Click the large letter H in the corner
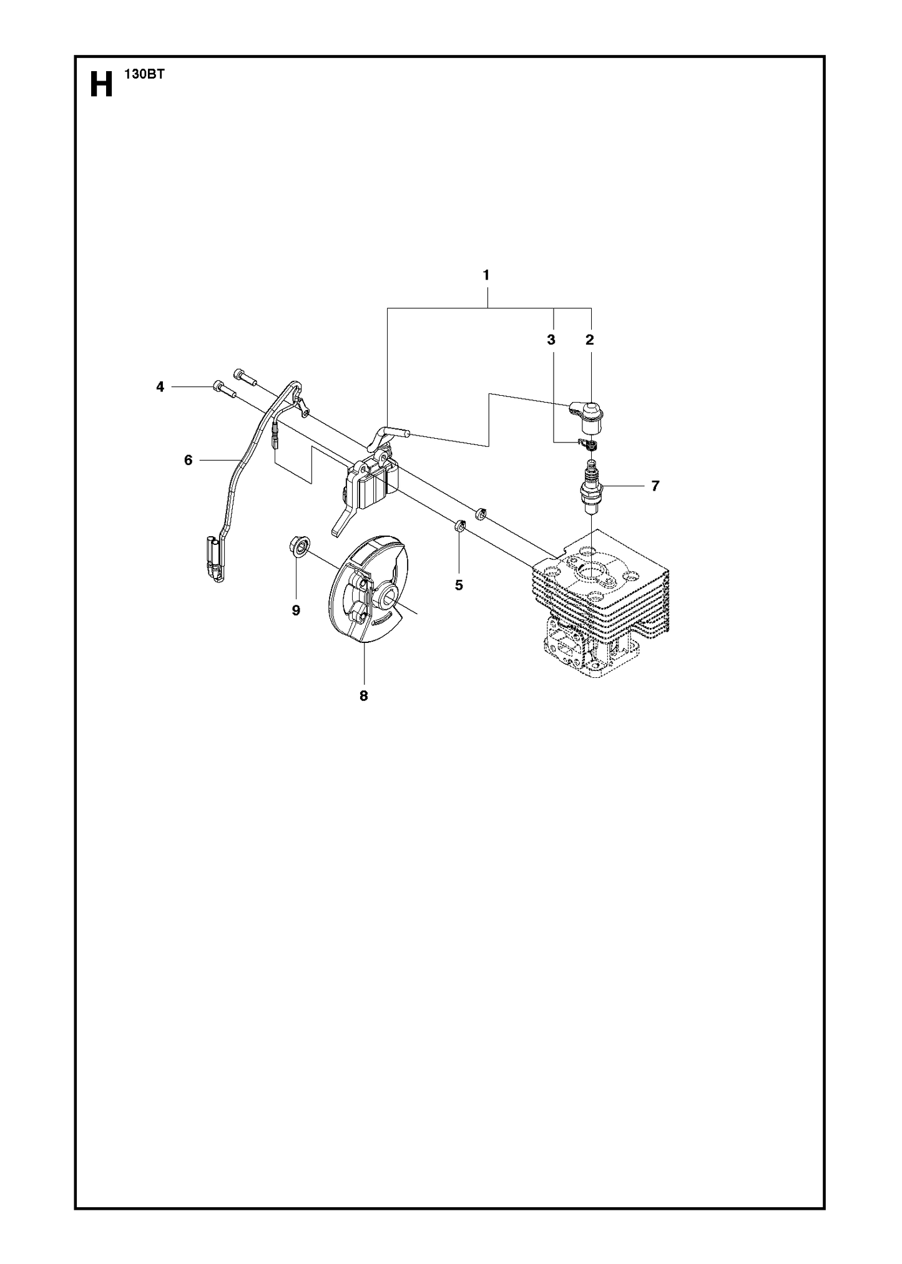coord(102,84)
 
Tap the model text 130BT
coord(140,74)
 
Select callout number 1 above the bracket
coord(486,275)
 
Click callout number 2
coord(589,340)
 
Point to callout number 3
coord(551,340)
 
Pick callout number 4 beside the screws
coord(160,387)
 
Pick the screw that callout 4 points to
coord(224,389)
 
